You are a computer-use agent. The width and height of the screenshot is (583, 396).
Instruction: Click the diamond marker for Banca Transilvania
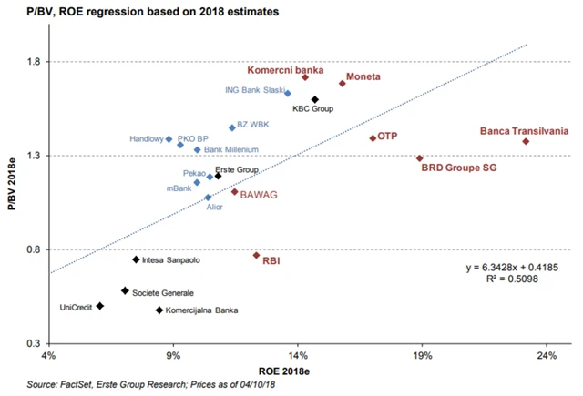click(526, 141)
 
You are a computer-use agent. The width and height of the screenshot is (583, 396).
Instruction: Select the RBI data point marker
click(256, 255)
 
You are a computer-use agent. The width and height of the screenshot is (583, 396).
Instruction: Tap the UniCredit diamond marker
click(100, 306)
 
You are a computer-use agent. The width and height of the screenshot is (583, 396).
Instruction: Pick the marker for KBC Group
click(314, 99)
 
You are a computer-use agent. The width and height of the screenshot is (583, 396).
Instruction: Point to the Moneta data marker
click(342, 83)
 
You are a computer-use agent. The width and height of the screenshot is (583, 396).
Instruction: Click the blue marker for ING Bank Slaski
click(288, 93)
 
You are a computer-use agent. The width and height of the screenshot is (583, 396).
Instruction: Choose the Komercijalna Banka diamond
click(159, 310)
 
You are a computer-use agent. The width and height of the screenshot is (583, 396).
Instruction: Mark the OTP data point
click(373, 137)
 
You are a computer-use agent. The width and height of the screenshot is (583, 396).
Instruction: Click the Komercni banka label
click(284, 69)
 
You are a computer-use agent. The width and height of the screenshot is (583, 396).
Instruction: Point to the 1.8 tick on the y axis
click(34, 62)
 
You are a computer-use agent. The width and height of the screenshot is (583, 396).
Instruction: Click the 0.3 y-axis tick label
click(34, 343)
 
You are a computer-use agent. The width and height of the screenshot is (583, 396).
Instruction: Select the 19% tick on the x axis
click(422, 355)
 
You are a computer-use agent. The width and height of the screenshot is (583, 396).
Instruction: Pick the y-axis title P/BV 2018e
click(12, 202)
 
